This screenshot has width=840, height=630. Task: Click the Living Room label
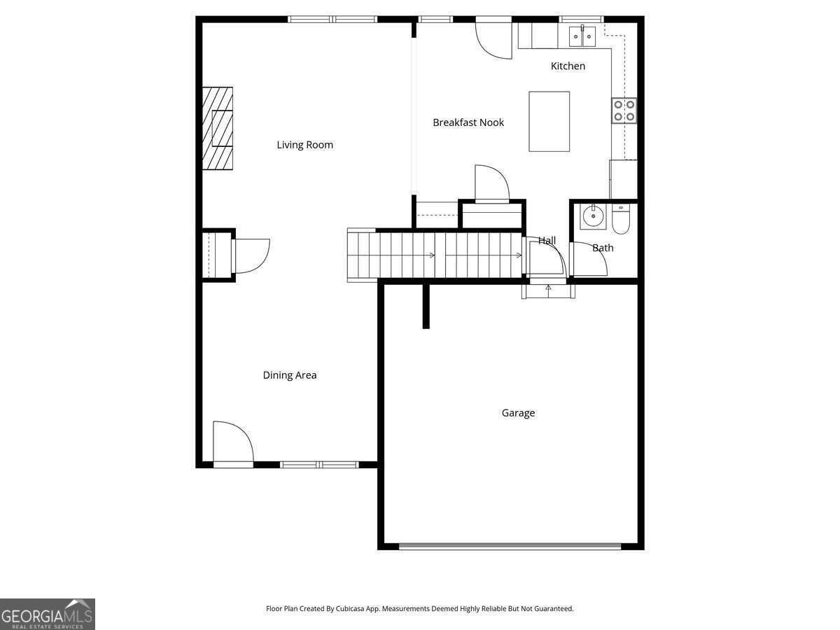click(304, 145)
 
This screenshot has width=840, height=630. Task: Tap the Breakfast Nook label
click(468, 122)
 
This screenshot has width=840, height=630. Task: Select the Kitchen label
click(568, 66)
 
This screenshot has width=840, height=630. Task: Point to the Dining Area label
click(290, 375)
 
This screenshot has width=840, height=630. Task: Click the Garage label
click(518, 413)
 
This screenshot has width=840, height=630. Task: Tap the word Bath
click(603, 248)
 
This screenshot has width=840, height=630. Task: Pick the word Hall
click(547, 241)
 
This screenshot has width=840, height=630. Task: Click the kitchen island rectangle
click(549, 122)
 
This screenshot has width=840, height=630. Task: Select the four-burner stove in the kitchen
click(624, 111)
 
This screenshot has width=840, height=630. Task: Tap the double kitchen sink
click(582, 36)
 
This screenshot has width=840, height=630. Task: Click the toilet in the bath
click(621, 219)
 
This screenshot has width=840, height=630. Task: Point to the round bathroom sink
click(593, 217)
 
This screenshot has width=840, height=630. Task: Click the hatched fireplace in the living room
click(218, 128)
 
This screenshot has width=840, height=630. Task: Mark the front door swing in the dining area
click(233, 444)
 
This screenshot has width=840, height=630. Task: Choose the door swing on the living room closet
click(251, 256)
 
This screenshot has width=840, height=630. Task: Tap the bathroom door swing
click(589, 258)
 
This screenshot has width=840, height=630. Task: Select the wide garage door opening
click(510, 546)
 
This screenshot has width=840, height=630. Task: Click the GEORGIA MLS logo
click(48, 614)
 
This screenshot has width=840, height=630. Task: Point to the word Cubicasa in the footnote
click(350, 608)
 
